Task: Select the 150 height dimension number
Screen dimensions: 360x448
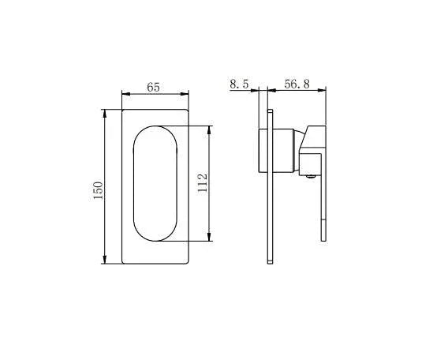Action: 99,189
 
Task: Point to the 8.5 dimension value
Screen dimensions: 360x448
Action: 240,84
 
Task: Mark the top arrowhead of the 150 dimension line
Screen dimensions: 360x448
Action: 105,114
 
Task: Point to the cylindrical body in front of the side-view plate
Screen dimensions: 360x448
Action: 285,150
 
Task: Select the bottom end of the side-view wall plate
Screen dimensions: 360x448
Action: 270,261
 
